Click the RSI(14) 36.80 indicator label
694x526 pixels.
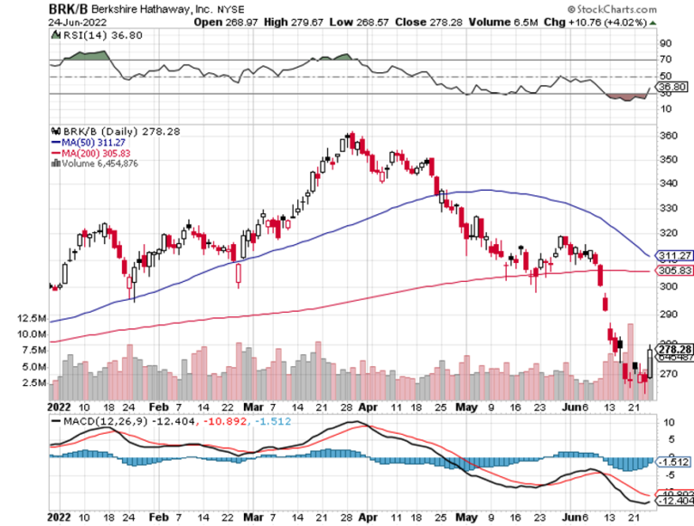(x=89, y=33)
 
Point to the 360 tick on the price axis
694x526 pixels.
(x=667, y=136)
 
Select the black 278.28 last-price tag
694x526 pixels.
(x=672, y=349)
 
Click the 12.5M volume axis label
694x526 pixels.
(x=31, y=319)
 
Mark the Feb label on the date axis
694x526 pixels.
(x=158, y=409)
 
